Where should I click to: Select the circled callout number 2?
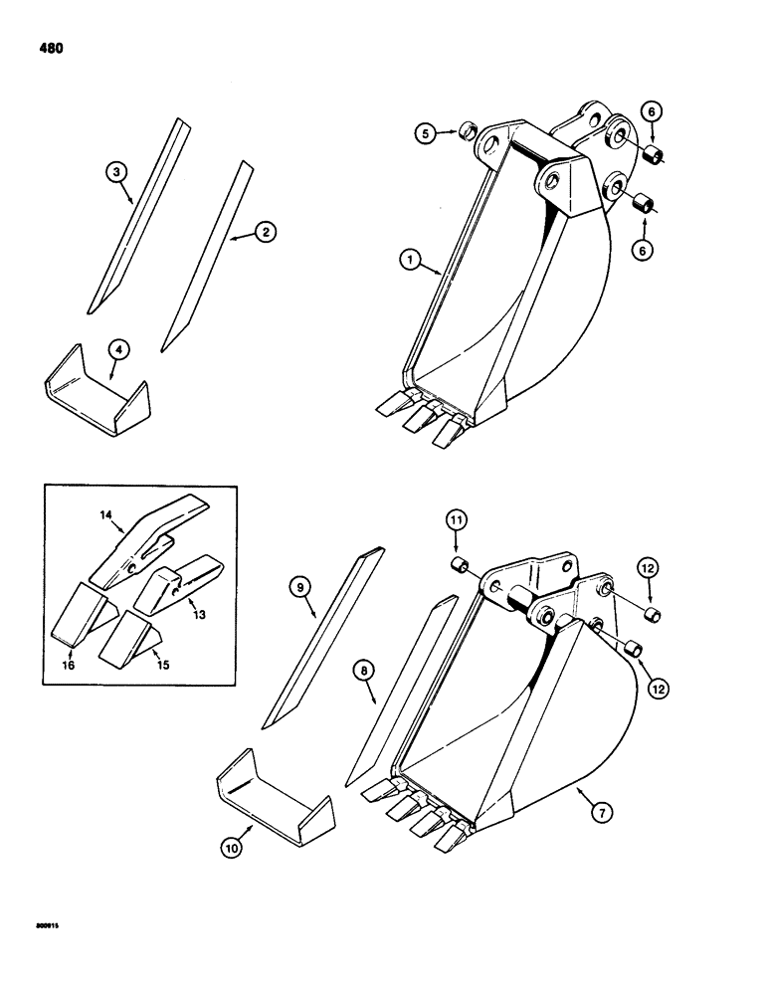pyautogui.click(x=264, y=231)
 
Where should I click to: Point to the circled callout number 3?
pyautogui.click(x=117, y=173)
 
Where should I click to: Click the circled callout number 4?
pyautogui.click(x=117, y=349)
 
